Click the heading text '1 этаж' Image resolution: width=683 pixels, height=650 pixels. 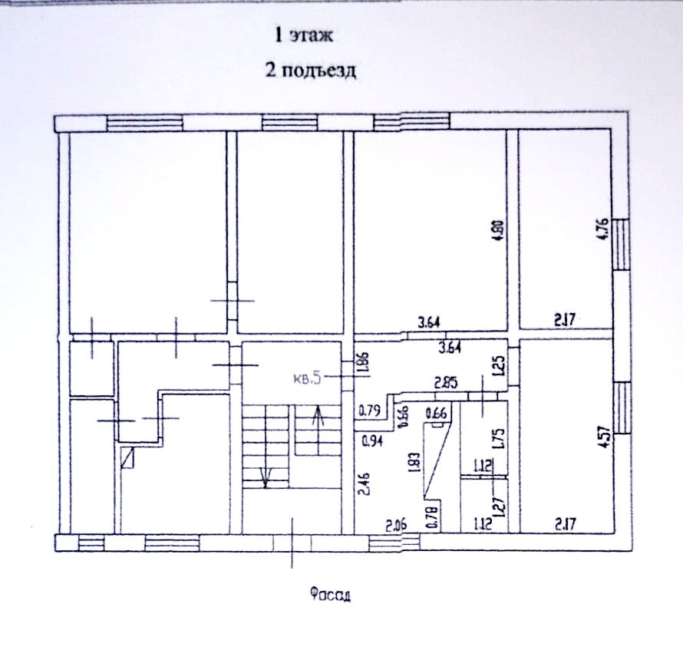click(x=306, y=35)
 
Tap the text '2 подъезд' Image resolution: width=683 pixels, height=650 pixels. click(x=310, y=71)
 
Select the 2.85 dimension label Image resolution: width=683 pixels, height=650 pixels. click(x=447, y=382)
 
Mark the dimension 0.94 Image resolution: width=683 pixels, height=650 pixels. click(x=372, y=440)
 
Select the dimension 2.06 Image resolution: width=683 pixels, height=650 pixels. click(x=396, y=525)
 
